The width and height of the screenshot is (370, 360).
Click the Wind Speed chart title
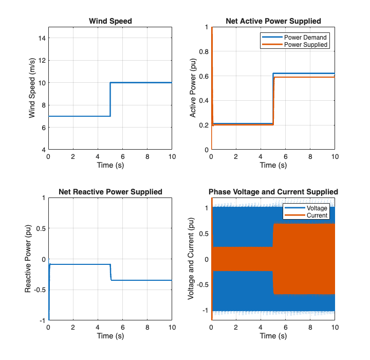tap(110, 21)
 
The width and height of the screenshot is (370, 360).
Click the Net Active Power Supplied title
tap(273, 21)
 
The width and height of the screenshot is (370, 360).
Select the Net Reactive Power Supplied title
tap(110, 192)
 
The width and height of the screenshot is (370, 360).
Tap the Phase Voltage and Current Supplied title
tap(273, 192)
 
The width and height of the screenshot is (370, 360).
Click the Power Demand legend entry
tap(305, 38)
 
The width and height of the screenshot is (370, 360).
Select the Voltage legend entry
tap(317, 208)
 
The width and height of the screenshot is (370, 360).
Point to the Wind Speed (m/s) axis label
tap(32, 88)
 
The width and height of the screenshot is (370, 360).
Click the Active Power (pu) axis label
tap(193, 88)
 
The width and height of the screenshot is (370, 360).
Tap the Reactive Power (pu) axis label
tap(28, 259)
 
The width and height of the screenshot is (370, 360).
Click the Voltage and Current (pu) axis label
tap(191, 259)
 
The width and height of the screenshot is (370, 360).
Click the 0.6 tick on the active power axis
tap(203, 76)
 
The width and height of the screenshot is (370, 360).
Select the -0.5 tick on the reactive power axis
tap(41, 290)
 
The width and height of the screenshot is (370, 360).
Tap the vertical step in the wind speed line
tap(110, 99)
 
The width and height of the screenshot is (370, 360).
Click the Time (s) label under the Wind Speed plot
tap(110, 165)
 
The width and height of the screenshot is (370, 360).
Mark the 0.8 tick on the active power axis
tap(203, 51)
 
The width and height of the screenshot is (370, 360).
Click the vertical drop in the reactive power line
tap(110, 273)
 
